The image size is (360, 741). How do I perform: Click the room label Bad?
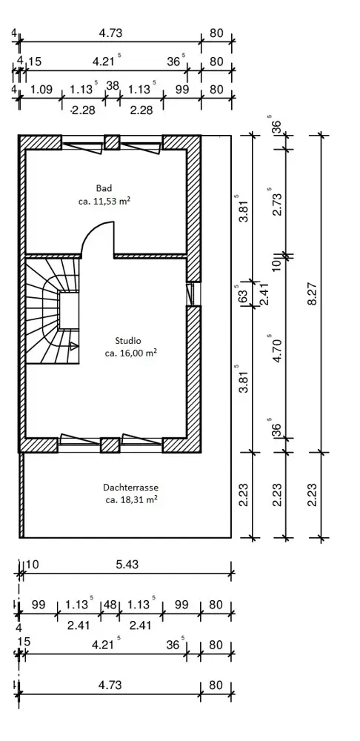[x=104, y=187]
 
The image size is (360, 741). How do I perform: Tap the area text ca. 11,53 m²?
[x=104, y=201]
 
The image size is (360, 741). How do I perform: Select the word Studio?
[x=128, y=340]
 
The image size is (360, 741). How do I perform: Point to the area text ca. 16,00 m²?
[x=131, y=353]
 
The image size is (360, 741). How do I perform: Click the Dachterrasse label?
[x=131, y=488]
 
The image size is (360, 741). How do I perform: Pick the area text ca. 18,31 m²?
[x=131, y=500]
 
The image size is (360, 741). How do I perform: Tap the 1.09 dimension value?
[x=41, y=90]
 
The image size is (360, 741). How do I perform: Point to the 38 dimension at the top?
[x=113, y=85]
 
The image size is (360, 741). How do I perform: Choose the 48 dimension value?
[x=110, y=605]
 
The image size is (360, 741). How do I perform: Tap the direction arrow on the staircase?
[x=74, y=346]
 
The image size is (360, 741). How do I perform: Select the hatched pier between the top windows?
[x=112, y=142]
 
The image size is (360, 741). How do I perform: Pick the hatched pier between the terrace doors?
[x=110, y=445]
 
